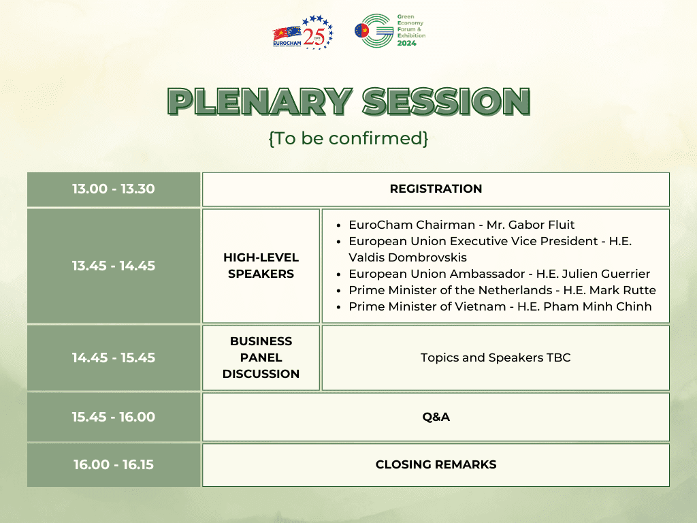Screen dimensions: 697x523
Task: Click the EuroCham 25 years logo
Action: [303, 32]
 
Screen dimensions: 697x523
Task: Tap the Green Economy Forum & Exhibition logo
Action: [390, 30]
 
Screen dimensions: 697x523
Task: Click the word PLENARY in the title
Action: [260, 101]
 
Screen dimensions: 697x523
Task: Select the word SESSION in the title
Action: [447, 101]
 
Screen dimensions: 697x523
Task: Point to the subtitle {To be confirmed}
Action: [348, 138]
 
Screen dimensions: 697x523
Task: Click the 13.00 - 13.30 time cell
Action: [114, 189]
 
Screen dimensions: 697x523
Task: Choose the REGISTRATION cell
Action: [436, 189]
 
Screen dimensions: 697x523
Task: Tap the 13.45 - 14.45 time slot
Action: [114, 266]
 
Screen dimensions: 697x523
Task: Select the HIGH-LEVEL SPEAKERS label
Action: [261, 266]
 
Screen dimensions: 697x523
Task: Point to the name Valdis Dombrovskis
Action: [408, 257]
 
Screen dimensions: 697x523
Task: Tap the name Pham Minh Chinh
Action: [598, 306]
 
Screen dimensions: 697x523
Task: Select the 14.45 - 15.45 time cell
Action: [114, 358]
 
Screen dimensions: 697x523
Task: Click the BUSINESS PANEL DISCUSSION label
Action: [261, 358]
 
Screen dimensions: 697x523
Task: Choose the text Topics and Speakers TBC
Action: [496, 358]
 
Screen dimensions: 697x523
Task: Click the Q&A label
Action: [436, 417]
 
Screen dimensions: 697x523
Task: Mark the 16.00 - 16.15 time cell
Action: [114, 464]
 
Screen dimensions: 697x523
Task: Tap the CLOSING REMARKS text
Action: [436, 464]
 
